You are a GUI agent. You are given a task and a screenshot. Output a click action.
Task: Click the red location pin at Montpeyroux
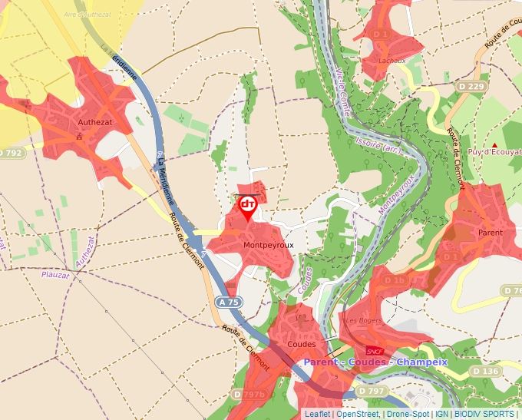click(x=248, y=207)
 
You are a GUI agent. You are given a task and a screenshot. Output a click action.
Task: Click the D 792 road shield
click(x=11, y=153)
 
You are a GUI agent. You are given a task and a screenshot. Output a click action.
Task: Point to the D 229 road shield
click(x=472, y=87)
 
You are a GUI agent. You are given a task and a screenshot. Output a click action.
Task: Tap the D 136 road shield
click(x=485, y=371)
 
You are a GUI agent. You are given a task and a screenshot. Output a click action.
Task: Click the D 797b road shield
click(x=252, y=395)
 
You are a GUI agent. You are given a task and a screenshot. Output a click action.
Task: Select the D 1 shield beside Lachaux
click(x=381, y=35)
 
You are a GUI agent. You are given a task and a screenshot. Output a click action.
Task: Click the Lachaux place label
click(x=391, y=61)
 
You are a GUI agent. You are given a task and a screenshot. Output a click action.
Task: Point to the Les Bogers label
click(x=363, y=319)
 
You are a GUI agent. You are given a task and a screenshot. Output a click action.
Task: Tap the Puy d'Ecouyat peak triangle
click(x=495, y=144)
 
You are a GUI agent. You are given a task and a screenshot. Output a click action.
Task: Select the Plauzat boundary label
click(x=55, y=274)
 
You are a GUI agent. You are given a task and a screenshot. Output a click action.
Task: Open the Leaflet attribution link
click(x=316, y=414)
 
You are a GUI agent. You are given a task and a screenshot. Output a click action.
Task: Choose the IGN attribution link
click(x=441, y=414)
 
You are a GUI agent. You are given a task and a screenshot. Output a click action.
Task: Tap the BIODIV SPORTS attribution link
click(x=484, y=414)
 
